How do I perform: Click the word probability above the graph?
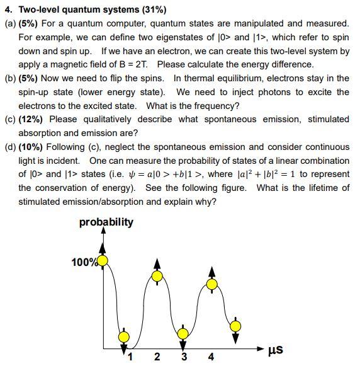(x=106, y=222)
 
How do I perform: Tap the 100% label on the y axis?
(x=84, y=261)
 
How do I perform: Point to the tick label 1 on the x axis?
(x=130, y=357)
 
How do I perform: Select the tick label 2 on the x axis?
(x=157, y=357)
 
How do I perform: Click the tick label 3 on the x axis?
(x=184, y=357)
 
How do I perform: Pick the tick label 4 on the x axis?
(x=211, y=357)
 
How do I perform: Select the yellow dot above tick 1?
(x=124, y=337)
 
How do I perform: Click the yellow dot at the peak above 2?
(x=157, y=276)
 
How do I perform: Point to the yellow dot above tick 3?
(x=183, y=334)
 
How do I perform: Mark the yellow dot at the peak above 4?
(x=211, y=284)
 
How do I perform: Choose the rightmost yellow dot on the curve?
(x=235, y=326)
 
